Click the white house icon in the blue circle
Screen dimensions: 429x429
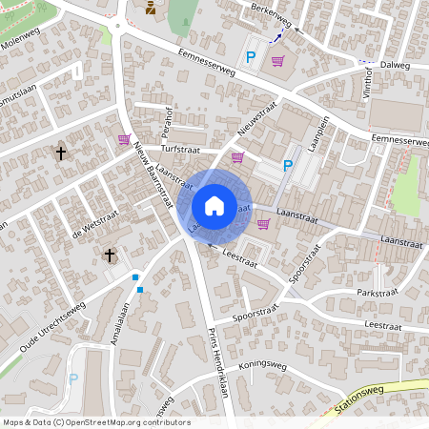[x=214, y=206]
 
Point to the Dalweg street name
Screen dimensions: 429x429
[x=394, y=66]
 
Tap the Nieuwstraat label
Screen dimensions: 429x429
[x=257, y=120]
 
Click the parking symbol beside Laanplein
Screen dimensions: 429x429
[x=287, y=166]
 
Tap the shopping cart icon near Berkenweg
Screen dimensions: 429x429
[x=277, y=61]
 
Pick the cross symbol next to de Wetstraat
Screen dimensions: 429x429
[x=110, y=255]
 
